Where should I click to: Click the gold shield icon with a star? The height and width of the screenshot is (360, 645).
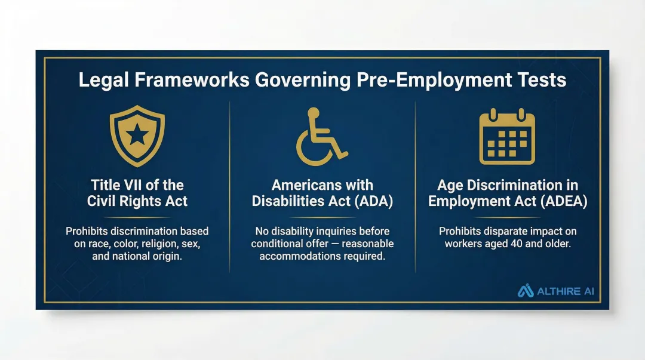point(137,136)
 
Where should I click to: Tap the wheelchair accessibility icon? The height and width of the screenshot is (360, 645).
point(321,137)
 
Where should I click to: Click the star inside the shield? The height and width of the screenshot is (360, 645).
point(137,135)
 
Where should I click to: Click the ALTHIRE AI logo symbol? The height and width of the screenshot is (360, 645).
point(526,291)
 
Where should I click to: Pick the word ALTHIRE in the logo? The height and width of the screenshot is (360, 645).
point(557,291)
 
